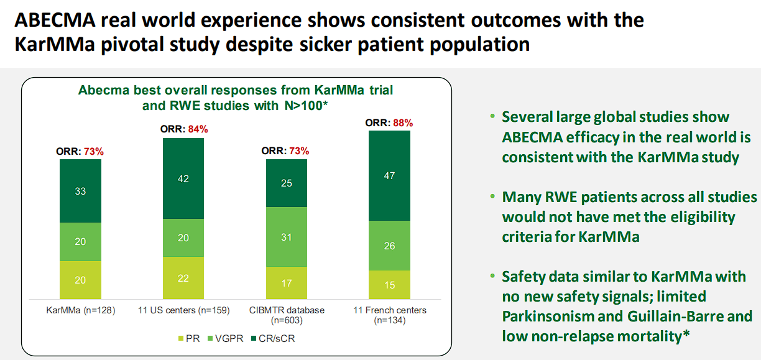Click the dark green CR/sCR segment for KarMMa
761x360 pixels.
pos(80,191)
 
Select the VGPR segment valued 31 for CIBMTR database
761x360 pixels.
pos(286,237)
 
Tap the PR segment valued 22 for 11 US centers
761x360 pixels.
pos(183,279)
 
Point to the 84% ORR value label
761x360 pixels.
pos(197,129)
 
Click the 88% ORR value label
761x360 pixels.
pos(403,122)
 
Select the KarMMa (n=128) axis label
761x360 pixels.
pos(80,310)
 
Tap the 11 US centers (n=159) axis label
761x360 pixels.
pos(183,310)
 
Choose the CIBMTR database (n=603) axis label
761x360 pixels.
pos(286,315)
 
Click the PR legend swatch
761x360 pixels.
pos(181,339)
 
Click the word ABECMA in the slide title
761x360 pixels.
pos(57,21)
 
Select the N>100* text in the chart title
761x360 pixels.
pos(301,105)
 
